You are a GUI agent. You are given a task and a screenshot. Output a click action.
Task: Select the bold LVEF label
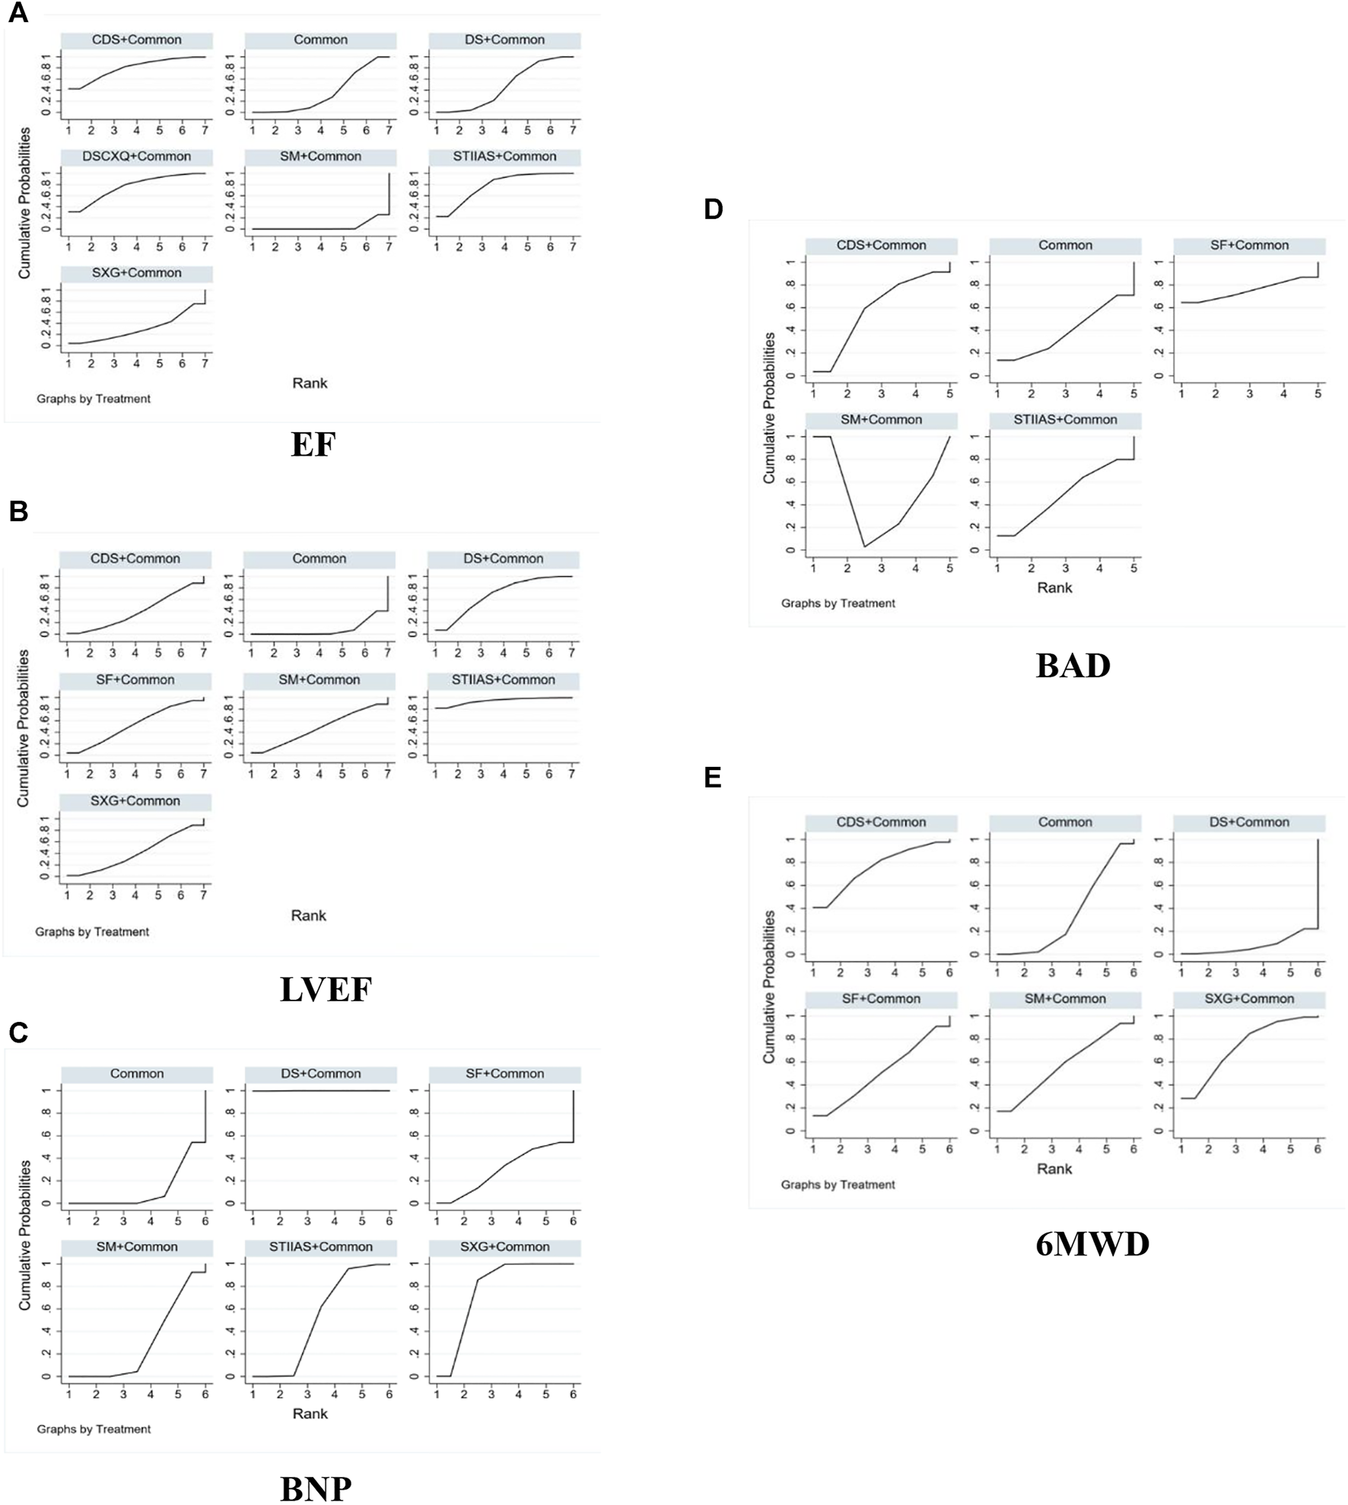(326, 990)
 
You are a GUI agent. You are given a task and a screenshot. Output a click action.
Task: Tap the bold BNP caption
(316, 1488)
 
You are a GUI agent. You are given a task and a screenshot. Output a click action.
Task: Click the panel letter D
(713, 209)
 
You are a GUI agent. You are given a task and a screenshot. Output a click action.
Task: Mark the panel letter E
(713, 778)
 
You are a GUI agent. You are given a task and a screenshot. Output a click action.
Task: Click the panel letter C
(18, 1032)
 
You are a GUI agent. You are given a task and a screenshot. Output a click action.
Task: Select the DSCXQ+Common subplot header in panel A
(137, 157)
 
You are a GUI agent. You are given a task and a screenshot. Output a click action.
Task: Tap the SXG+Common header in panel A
(137, 273)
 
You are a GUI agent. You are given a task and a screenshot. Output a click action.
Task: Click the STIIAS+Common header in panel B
(503, 680)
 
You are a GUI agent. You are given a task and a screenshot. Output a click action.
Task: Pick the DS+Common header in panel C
(320, 1074)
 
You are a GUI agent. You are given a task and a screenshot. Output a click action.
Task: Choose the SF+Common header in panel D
(1249, 246)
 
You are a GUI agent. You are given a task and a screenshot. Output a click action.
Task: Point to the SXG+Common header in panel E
(1249, 999)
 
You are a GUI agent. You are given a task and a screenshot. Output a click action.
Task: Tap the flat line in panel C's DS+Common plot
(320, 1091)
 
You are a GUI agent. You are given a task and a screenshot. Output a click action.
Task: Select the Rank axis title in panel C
(310, 1414)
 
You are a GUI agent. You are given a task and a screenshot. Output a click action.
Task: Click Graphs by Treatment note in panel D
(838, 603)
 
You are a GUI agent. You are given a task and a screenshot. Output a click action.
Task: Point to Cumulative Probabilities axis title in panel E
(769, 987)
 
